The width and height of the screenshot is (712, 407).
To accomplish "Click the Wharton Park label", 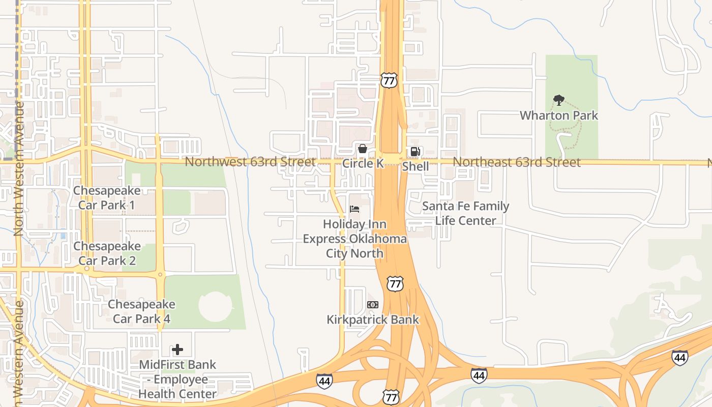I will pyautogui.click(x=558, y=115).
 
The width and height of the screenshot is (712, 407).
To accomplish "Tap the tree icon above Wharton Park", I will pyautogui.click(x=558, y=100).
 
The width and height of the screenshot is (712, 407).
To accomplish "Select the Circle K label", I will pyautogui.click(x=363, y=163).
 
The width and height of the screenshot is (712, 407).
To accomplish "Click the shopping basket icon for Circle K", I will pyautogui.click(x=363, y=149).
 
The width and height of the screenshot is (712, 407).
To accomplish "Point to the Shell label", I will pyautogui.click(x=416, y=166).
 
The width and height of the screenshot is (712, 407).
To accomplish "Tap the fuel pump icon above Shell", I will pyautogui.click(x=416, y=152).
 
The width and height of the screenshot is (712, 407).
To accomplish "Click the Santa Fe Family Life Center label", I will pyautogui.click(x=465, y=213).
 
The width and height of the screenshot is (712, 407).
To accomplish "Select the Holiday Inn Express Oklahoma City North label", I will pyautogui.click(x=354, y=239).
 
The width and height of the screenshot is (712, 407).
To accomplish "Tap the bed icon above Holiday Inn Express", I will pyautogui.click(x=354, y=209).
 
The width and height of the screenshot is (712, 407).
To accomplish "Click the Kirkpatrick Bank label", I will pyautogui.click(x=372, y=319).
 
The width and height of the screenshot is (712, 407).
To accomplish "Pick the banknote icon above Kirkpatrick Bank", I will pyautogui.click(x=373, y=305).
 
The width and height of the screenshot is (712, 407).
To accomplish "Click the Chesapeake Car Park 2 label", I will pyautogui.click(x=107, y=253).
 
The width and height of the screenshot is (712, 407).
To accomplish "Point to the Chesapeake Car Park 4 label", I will pyautogui.click(x=141, y=311).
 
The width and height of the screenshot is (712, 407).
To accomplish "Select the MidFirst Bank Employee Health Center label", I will pyautogui.click(x=177, y=379).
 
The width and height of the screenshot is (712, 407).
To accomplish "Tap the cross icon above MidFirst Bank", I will pyautogui.click(x=177, y=350).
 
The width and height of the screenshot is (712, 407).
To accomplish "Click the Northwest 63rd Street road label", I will pyautogui.click(x=250, y=162).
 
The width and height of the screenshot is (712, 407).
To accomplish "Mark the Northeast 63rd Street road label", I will pyautogui.click(x=516, y=162).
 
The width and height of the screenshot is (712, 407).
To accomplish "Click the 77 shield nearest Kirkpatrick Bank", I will pyautogui.click(x=395, y=284).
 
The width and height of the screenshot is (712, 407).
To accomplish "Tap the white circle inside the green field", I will pyautogui.click(x=215, y=306).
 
